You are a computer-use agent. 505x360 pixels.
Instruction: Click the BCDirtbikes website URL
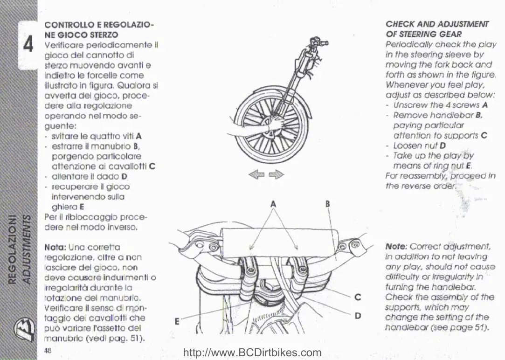point(252,353)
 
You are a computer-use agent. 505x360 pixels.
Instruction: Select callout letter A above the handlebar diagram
point(273,204)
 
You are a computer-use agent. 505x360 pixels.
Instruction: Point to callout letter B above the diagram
point(328,204)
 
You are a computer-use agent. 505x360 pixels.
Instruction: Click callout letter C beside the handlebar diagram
point(357,296)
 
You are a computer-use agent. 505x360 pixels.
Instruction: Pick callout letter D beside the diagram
point(357,316)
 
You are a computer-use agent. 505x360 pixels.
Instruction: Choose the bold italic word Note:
point(396,247)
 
